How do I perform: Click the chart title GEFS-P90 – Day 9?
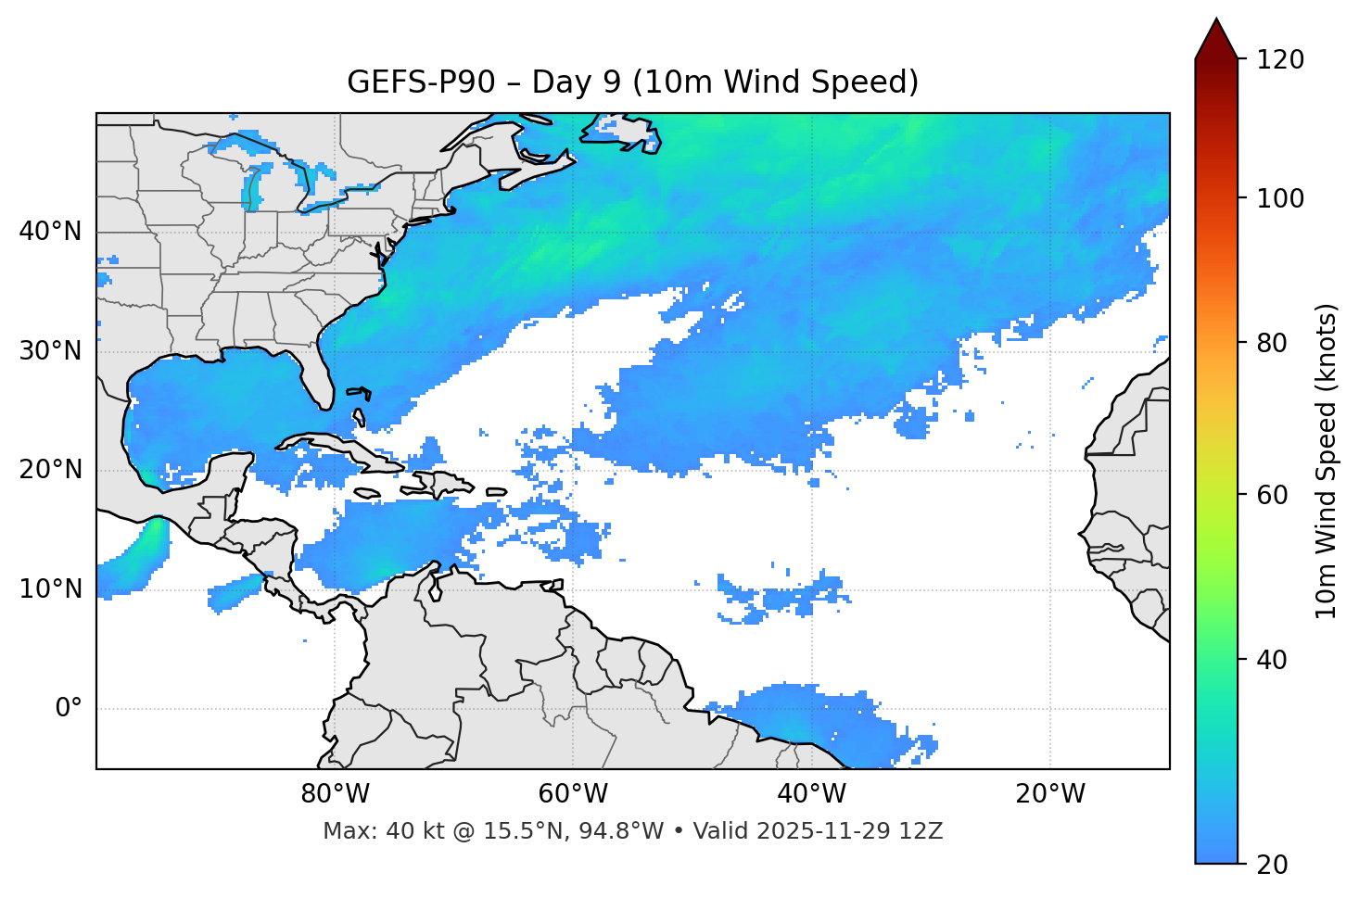pyautogui.click(x=632, y=82)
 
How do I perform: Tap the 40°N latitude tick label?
pyautogui.click(x=50, y=232)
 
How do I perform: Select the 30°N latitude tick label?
pyautogui.click(x=50, y=351)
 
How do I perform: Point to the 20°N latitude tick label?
pyautogui.click(x=50, y=470)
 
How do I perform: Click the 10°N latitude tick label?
pyautogui.click(x=50, y=589)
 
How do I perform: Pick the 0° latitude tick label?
pyautogui.click(x=69, y=708)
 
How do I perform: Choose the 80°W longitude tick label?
pyautogui.click(x=335, y=794)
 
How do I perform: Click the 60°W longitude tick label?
pyautogui.click(x=573, y=794)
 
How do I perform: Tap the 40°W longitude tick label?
pyautogui.click(x=812, y=794)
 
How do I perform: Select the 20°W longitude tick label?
pyautogui.click(x=1050, y=794)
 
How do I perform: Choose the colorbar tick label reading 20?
pyautogui.click(x=1272, y=864)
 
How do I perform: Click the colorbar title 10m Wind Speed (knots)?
pyautogui.click(x=1327, y=461)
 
